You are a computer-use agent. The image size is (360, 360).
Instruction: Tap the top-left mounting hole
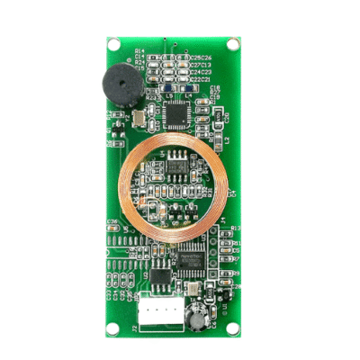(113, 43)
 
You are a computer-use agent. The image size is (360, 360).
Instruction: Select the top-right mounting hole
(234, 43)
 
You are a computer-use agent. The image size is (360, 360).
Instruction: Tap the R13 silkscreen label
(235, 229)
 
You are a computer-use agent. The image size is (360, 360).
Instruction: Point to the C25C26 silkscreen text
(202, 58)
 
